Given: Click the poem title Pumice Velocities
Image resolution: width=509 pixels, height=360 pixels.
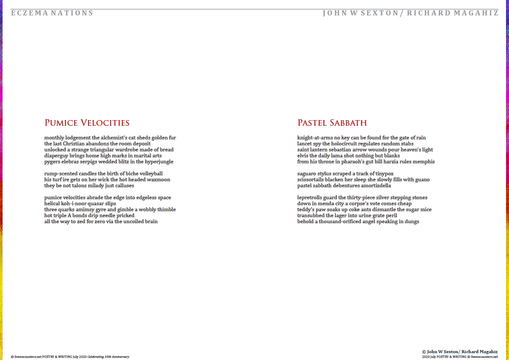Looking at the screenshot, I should (87, 123).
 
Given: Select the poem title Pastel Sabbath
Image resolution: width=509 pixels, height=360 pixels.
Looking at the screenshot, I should (332, 123).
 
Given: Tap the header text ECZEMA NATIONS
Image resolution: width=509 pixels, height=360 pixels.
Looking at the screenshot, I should (52, 13).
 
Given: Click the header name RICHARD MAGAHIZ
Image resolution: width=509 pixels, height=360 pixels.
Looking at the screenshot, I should (453, 13).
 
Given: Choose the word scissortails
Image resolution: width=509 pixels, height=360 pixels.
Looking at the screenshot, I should (312, 180).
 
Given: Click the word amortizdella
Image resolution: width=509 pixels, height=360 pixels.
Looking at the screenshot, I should (375, 186).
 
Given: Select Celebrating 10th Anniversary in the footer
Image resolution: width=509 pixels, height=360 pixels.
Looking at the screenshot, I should (108, 357).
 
